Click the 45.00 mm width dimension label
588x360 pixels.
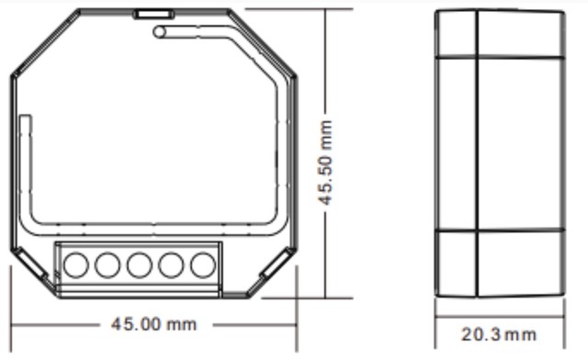(x=153, y=324)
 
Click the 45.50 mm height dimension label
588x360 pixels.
(x=324, y=163)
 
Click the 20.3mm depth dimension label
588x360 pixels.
(x=499, y=334)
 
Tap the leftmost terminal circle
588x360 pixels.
(x=75, y=265)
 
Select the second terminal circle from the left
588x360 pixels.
(x=107, y=265)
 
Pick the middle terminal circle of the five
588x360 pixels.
(x=140, y=265)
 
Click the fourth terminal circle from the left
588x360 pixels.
(x=171, y=265)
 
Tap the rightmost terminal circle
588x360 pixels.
(x=203, y=265)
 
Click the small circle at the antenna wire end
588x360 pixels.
(x=159, y=32)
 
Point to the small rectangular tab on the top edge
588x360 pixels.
(x=153, y=15)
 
